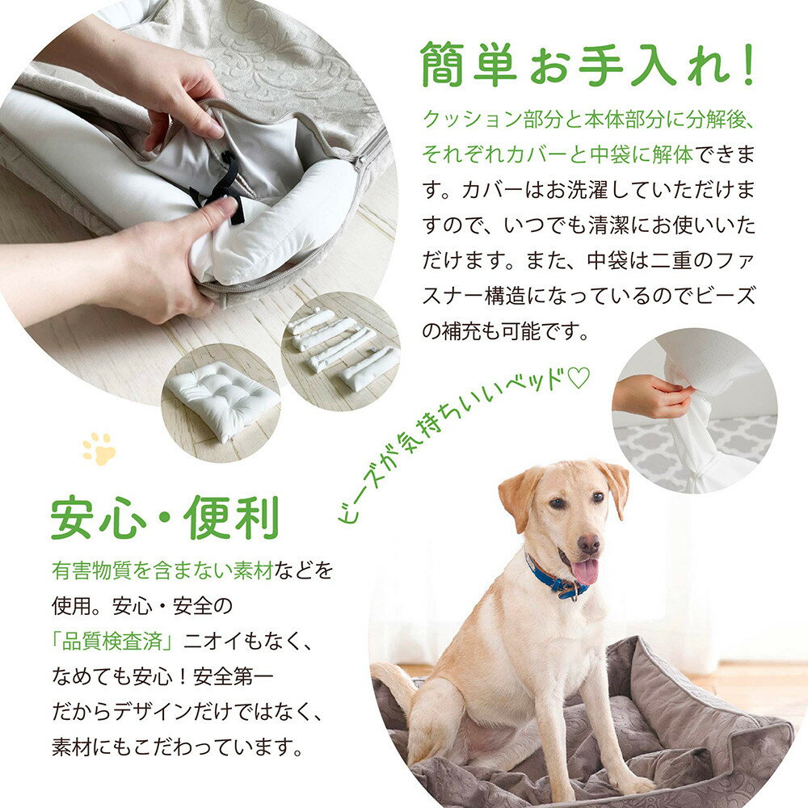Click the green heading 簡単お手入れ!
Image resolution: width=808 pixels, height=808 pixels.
point(588,65)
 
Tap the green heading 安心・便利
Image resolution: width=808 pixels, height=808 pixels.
point(165,517)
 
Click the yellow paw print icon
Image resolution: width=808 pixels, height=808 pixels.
point(99,448)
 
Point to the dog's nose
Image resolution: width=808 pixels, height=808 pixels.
point(588,544)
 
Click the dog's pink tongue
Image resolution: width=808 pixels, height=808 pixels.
point(585,571)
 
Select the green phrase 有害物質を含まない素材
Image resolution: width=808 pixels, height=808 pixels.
point(162,570)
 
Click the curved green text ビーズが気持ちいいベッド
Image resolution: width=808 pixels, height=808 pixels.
point(464,443)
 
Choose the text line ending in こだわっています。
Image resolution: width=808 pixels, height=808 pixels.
point(178,747)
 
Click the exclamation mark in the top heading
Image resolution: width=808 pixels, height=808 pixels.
point(747,65)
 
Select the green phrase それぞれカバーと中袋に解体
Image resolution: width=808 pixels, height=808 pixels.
point(558,154)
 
